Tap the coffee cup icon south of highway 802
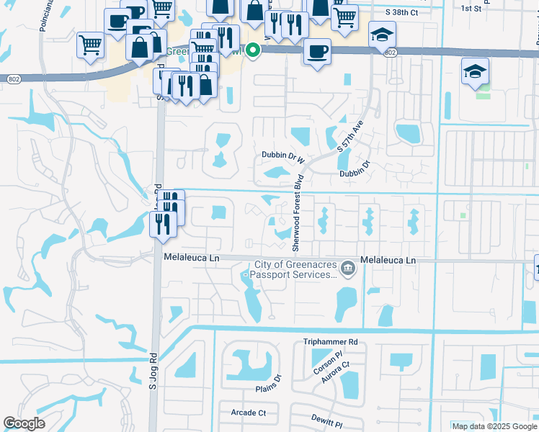[x=317, y=52]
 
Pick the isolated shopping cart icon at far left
[x=91, y=45]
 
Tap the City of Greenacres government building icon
[x=348, y=269]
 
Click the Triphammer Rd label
[x=331, y=342]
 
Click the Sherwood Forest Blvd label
[x=295, y=215]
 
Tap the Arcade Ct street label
[x=248, y=413]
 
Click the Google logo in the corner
[x=24, y=423]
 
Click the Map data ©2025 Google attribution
[x=494, y=426]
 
